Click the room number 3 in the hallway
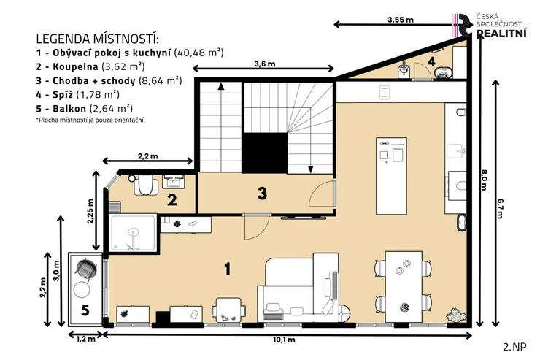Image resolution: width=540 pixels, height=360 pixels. [262, 194]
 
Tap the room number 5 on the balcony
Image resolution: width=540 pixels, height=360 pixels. [85, 310]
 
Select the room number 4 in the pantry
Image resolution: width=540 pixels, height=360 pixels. [431, 61]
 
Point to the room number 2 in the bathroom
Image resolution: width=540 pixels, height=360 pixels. [171, 200]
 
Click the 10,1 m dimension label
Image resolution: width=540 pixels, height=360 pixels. [284, 340]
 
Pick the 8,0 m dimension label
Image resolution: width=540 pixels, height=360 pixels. [484, 180]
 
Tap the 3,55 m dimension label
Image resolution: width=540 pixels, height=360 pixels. [401, 20]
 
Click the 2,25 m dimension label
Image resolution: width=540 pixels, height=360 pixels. [90, 211]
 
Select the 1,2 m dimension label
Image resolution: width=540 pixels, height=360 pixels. [86, 340]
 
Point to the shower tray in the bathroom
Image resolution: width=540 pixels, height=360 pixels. [133, 233]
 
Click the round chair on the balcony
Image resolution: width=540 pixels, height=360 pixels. [85, 269]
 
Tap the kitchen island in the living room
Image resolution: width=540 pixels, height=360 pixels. [391, 176]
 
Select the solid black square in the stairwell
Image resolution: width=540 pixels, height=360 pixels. [265, 153]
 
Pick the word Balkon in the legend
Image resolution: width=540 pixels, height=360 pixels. [69, 109]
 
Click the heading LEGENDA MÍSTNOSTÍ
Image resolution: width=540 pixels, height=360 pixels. [98, 39]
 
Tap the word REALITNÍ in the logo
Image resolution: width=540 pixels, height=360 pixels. [501, 34]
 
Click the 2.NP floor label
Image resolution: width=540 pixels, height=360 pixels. [515, 347]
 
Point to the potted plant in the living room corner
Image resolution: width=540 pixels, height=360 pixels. [456, 315]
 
